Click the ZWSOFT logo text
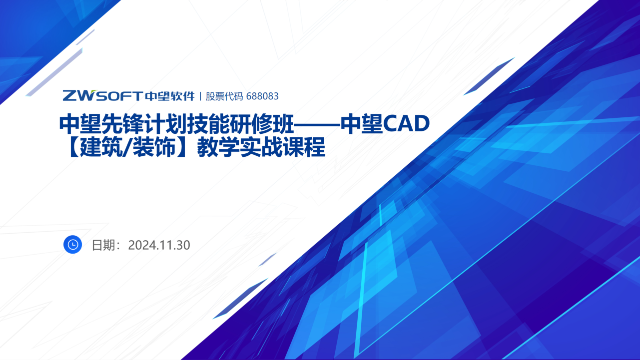102,96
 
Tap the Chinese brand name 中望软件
170,96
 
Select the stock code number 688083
262,96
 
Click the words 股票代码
224,96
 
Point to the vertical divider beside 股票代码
200,96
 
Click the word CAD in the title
406,124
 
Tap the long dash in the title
317,125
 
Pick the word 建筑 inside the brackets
101,147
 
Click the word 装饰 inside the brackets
154,147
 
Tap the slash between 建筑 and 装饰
127,147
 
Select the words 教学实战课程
261,147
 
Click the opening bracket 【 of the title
73,147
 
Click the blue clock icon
72,245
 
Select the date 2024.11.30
159,245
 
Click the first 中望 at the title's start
80,124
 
